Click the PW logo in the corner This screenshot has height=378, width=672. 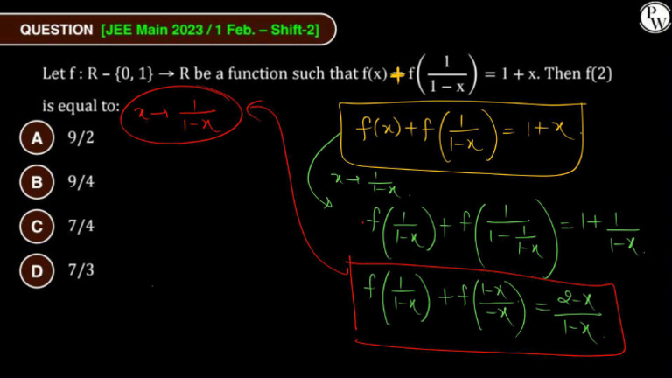(653, 17)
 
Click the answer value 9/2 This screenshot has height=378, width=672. (80, 138)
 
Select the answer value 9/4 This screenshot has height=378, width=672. (80, 183)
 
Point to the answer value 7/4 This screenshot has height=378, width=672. (80, 227)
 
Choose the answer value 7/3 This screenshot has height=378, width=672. (80, 270)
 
